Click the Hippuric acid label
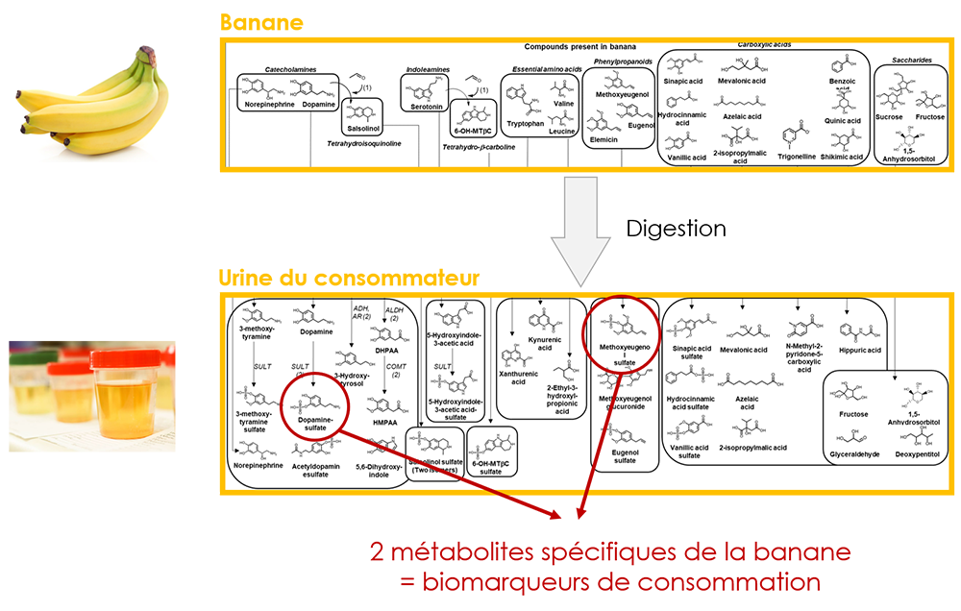862,350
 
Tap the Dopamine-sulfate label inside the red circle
313,422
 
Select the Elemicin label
604,140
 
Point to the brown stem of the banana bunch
146,55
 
